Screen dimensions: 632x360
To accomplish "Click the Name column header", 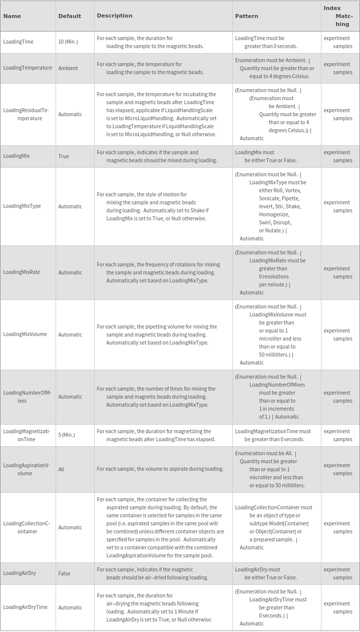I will point(12,16).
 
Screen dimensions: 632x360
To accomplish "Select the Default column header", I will point(70,16).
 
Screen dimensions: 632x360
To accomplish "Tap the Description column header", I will point(115,16).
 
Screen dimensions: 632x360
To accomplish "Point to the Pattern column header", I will point(246,16).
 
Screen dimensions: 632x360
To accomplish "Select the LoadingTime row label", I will point(18,42).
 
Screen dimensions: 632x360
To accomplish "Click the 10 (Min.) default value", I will point(68,42).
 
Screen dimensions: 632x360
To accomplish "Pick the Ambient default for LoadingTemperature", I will point(68,68).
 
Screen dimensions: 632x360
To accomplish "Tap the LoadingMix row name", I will point(17,156).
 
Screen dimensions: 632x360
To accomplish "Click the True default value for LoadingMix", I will point(64,156).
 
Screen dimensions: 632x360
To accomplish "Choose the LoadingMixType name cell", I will point(22,206).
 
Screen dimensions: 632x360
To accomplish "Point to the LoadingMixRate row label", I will point(22,272).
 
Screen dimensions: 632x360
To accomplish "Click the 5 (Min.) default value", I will point(67,435).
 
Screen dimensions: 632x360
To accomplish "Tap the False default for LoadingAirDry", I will point(64,573).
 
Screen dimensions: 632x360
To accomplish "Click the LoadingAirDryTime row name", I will point(25,607).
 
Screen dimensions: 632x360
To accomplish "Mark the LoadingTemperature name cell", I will point(28,68).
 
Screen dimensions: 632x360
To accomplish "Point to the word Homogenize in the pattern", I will point(274,214).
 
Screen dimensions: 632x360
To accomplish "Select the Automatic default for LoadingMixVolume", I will point(70,335).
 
